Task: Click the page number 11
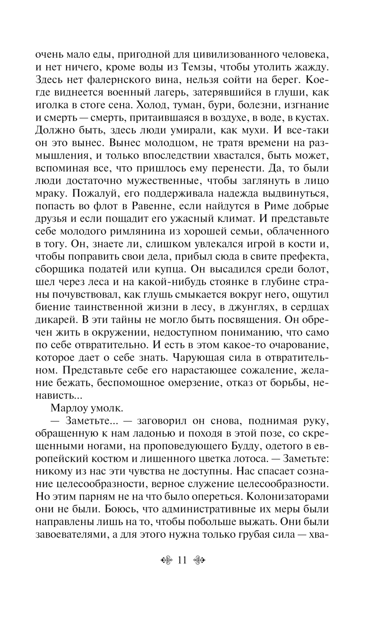182,560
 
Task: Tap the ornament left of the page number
167,560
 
